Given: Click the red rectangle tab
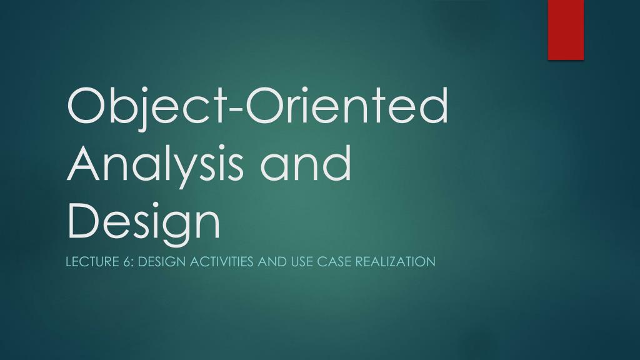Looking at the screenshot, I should [566, 29].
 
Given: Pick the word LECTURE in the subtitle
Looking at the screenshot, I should [88, 262].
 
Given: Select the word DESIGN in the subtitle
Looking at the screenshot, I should [159, 262].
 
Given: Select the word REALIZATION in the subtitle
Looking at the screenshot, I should [395, 262].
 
